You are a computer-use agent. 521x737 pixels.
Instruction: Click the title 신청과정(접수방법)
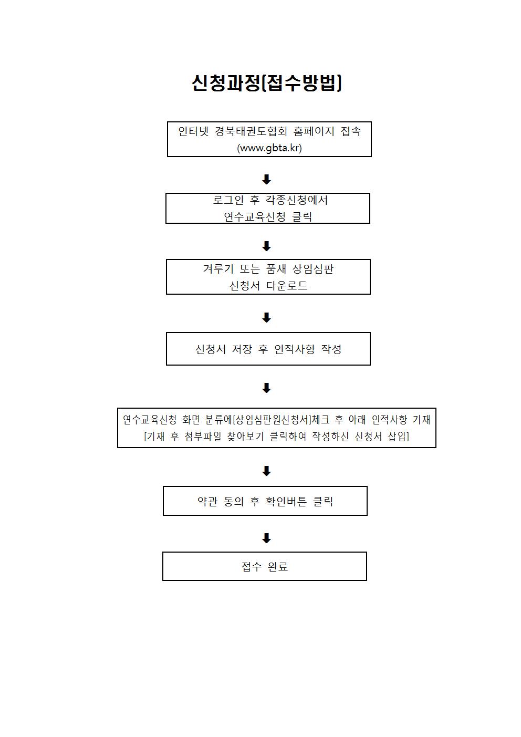click(267, 83)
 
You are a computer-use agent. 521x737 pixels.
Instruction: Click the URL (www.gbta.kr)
click(269, 148)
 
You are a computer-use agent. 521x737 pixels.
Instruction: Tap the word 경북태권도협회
click(251, 131)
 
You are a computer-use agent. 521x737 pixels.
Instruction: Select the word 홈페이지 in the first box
click(314, 131)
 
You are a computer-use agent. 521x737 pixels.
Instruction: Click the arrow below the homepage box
click(266, 179)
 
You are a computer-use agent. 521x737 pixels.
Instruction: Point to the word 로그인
click(228, 200)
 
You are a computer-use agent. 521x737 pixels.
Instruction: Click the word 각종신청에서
click(297, 200)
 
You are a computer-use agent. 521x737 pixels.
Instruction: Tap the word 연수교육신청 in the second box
click(255, 216)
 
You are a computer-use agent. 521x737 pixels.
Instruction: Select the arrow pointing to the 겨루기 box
click(266, 246)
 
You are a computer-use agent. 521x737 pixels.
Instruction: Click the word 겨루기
click(218, 269)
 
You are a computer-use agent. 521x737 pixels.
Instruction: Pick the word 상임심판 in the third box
click(313, 269)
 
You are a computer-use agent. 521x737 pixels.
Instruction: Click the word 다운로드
click(287, 285)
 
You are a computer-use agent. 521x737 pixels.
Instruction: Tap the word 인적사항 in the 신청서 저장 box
click(295, 349)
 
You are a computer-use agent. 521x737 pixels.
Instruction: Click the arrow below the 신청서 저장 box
click(266, 388)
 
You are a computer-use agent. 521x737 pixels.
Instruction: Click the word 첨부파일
click(203, 437)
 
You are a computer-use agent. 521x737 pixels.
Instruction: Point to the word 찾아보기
click(245, 437)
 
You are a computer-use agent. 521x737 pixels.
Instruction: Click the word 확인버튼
click(286, 502)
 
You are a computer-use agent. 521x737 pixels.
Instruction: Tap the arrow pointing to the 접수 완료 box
click(266, 538)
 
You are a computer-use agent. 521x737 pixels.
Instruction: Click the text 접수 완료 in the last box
click(265, 566)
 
